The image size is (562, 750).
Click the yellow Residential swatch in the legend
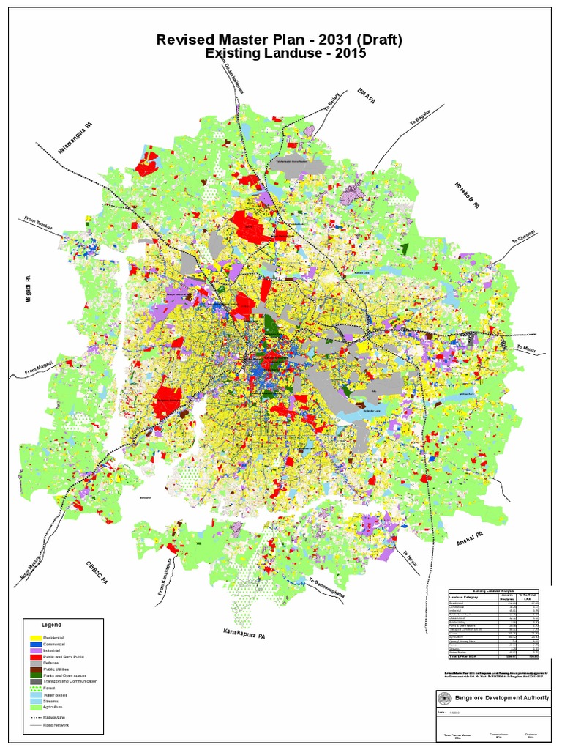[34, 639]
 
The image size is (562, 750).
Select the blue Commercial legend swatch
[34, 645]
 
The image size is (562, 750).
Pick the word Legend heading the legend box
[51, 625]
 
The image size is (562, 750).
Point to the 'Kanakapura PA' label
[244, 633]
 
